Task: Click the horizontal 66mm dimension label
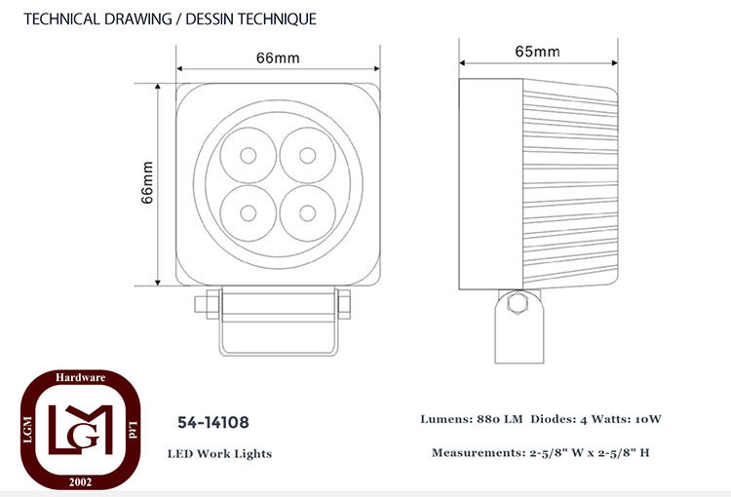(x=278, y=58)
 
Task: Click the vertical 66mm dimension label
(x=147, y=182)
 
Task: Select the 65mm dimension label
(x=537, y=52)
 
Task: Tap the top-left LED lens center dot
(x=248, y=155)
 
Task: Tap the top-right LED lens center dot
(x=308, y=155)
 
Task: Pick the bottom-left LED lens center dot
(x=248, y=213)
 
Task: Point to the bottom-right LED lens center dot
(x=308, y=213)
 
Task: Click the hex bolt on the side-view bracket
(x=518, y=303)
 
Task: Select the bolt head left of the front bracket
(x=201, y=304)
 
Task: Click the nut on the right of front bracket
(x=344, y=304)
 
